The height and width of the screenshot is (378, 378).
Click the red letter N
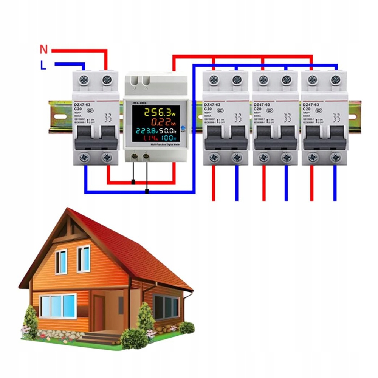point(44,49)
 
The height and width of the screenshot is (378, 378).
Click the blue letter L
point(43,65)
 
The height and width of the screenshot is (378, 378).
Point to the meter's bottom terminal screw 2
point(146,155)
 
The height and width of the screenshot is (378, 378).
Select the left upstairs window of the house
point(61,261)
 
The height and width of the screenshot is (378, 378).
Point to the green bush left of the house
point(30,321)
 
